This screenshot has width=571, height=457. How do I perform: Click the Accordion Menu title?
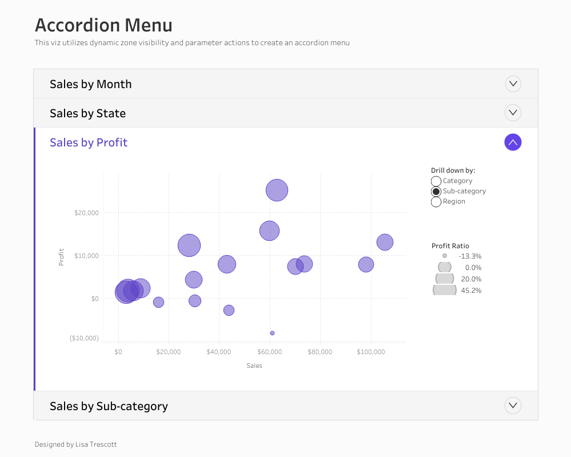103,25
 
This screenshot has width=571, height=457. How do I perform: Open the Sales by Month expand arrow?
513,84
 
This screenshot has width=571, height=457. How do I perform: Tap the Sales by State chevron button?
513,113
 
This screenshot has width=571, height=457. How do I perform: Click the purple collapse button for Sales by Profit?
513,142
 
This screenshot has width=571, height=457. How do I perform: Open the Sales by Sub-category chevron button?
513,406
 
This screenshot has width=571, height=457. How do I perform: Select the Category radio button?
436,181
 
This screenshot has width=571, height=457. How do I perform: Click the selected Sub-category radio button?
436,192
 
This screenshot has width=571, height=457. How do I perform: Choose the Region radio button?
436,202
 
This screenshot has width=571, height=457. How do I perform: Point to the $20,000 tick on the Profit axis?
86,213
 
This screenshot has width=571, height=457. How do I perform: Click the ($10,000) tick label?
84,338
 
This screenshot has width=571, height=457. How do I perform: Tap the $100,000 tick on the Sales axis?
371,352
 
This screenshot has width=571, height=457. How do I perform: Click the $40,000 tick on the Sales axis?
219,352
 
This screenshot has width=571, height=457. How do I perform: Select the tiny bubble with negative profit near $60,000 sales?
272,333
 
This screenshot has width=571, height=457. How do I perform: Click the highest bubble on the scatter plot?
277,190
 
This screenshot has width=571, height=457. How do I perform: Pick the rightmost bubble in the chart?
385,243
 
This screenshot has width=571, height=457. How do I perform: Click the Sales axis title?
254,365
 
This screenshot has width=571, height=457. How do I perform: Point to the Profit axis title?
61,257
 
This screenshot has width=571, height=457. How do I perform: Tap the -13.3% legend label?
470,256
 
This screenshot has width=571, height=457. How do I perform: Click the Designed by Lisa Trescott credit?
75,444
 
